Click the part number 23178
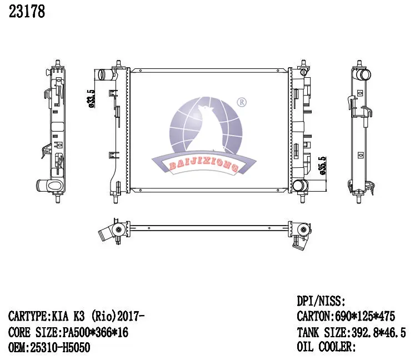coord(27,12)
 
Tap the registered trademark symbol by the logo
coord(242,102)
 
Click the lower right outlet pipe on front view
coord(300,186)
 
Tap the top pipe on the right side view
coord(363,74)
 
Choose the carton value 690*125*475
coord(364,317)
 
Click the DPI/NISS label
coord(322,302)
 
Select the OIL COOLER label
coord(326,347)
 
